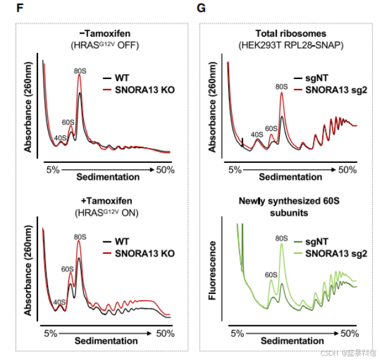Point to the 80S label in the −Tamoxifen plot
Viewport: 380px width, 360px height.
point(79,70)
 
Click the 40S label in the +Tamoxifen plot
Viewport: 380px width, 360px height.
point(60,303)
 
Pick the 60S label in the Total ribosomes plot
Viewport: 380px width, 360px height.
point(271,128)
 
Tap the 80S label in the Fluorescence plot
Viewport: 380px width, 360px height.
point(280,238)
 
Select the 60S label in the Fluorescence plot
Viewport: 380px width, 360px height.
point(271,274)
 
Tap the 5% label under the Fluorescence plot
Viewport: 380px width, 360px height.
point(236,334)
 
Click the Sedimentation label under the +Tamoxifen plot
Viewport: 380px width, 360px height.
point(106,341)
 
